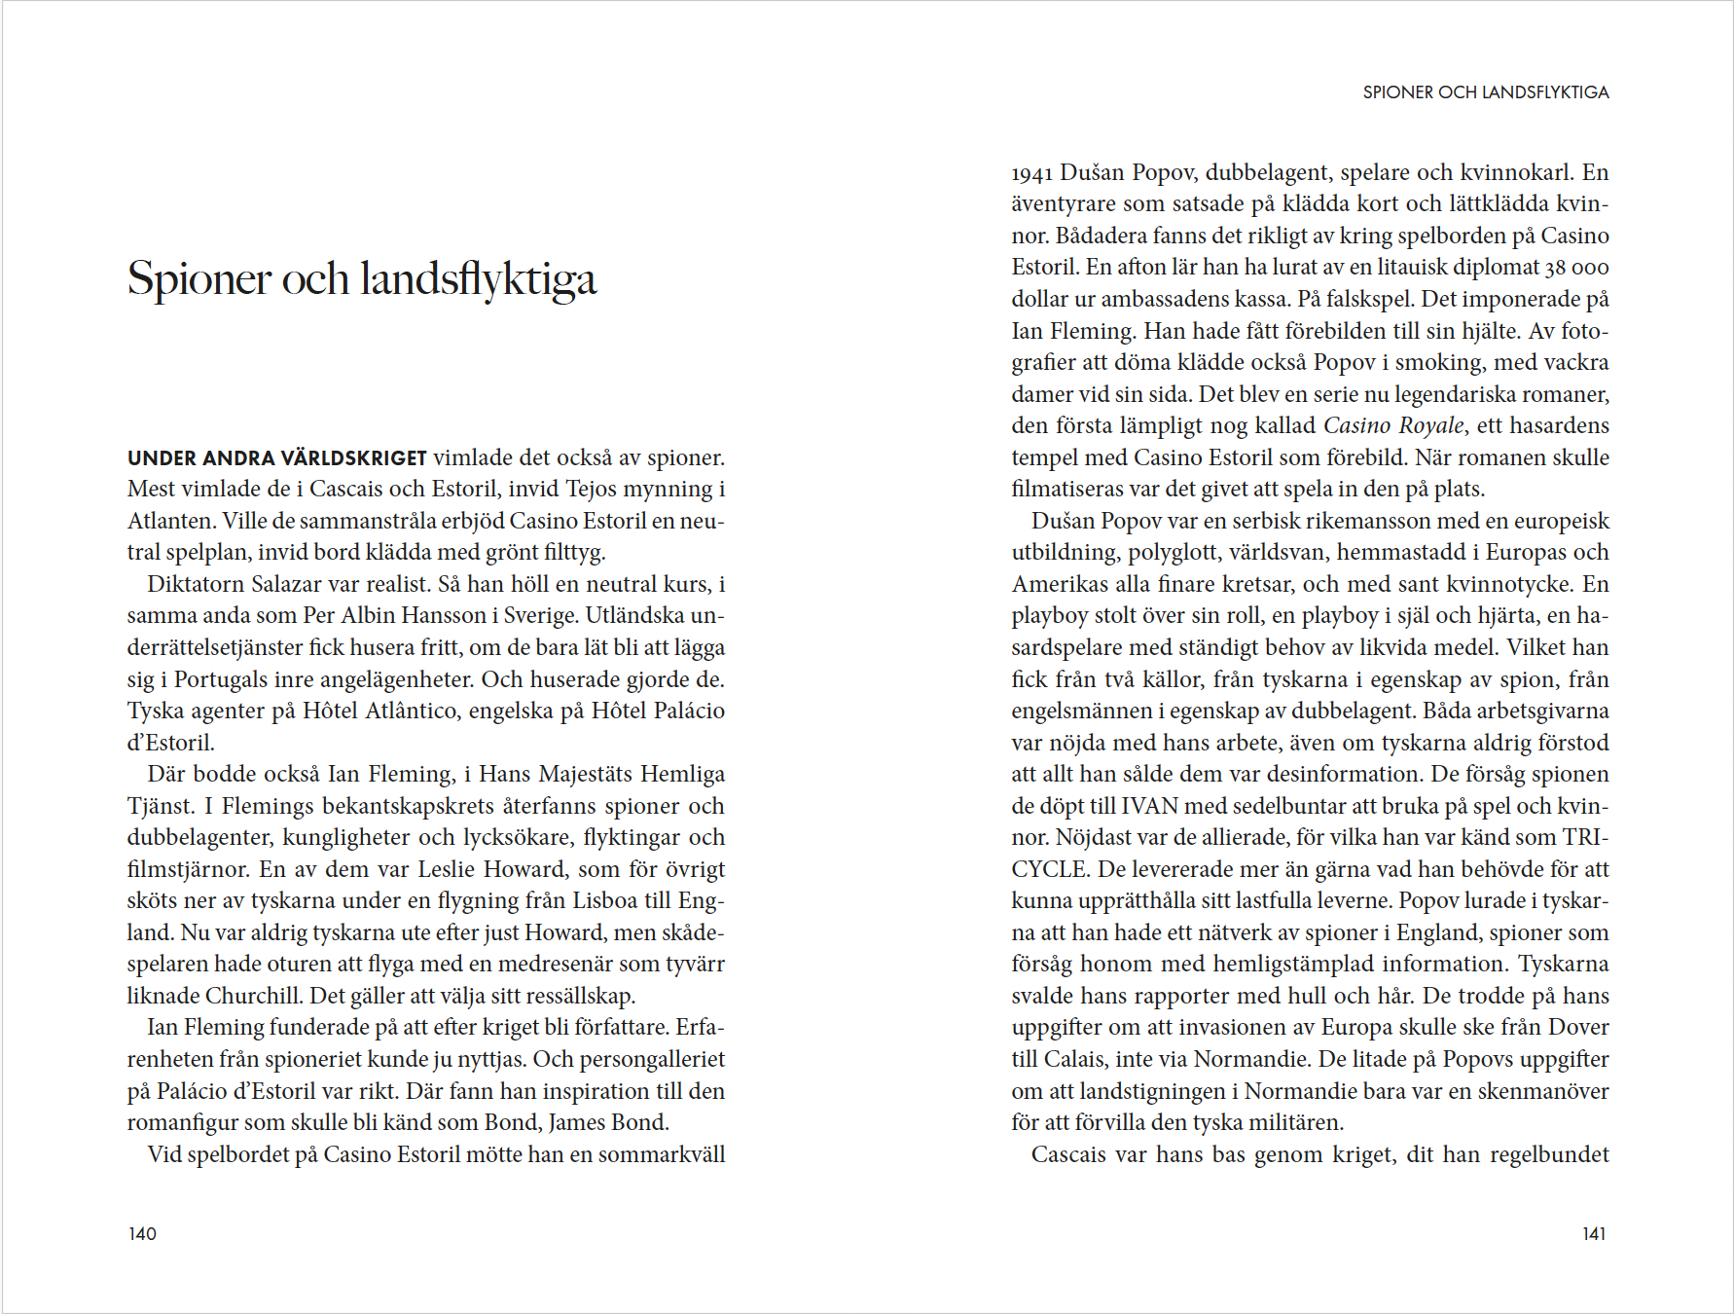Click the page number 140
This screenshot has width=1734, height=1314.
(x=142, y=1234)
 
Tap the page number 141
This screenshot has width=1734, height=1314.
(x=1594, y=1234)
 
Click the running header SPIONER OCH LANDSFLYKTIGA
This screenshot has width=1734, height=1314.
(x=1485, y=92)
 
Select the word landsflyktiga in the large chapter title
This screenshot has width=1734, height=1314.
(x=478, y=279)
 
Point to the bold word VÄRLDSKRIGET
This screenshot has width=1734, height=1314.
(x=353, y=457)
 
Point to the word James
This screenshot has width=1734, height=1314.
(x=578, y=1122)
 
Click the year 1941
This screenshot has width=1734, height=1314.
(x=1031, y=173)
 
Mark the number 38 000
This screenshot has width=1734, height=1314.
(x=1576, y=268)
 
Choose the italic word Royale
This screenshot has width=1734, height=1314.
(x=1430, y=425)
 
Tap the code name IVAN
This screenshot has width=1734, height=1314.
(x=1149, y=806)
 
